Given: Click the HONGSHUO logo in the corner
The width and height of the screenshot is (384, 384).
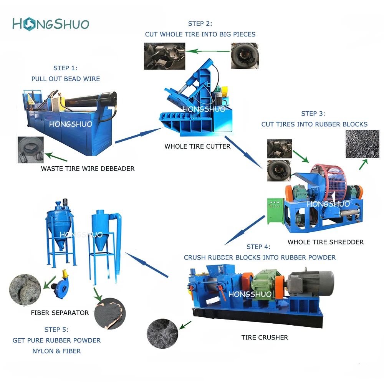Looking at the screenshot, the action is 50,24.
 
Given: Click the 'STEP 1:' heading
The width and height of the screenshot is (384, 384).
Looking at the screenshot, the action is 65,68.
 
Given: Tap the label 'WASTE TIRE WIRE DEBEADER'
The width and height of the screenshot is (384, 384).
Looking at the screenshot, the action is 88,169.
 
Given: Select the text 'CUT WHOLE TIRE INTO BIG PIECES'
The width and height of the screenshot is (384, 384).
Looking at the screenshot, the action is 200,34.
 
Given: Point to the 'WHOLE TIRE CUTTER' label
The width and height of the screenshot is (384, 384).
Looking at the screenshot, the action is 197,146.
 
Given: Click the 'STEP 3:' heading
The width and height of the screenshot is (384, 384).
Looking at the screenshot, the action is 313,113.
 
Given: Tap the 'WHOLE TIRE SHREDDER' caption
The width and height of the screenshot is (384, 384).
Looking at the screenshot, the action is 325,242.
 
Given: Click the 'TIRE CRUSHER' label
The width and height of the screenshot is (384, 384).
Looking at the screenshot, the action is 265,338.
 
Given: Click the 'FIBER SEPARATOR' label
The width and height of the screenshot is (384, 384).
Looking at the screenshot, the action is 60,313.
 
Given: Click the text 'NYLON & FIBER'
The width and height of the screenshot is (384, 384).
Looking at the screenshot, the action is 56,351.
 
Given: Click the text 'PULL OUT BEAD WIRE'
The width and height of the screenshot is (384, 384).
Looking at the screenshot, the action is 65,79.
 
